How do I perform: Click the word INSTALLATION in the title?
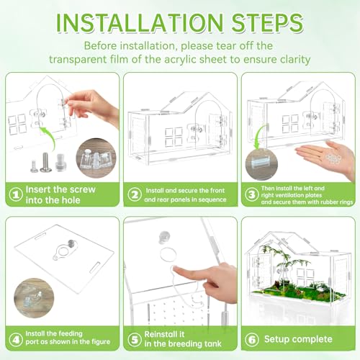[140, 23]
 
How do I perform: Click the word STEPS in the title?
[267, 23]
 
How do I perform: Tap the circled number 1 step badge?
[16, 194]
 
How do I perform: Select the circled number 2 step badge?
[135, 194]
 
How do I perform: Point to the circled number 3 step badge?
[252, 194]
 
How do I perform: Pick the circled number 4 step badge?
[16, 339]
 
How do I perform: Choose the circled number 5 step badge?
[135, 339]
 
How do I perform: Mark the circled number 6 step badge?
[252, 339]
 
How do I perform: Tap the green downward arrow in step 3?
[260, 137]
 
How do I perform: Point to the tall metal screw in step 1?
[45, 162]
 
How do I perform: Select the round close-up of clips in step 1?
[96, 158]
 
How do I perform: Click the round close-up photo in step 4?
[34, 298]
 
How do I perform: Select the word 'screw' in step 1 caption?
[81, 189]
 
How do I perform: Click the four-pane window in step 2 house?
[174, 137]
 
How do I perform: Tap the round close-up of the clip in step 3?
[261, 164]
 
